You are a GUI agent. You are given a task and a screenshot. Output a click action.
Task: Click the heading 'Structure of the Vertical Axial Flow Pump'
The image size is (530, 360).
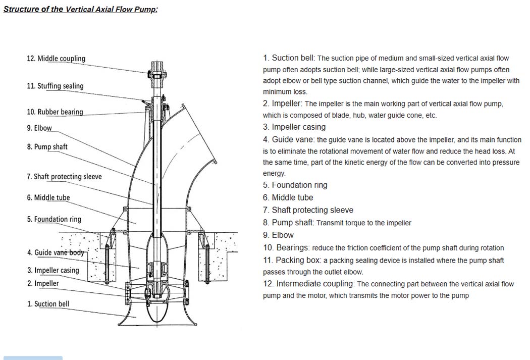[x=80, y=9]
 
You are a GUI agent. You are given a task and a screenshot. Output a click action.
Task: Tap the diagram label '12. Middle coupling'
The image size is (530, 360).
[x=56, y=59]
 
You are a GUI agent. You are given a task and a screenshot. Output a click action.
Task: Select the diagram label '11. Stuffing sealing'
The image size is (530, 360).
[x=55, y=86]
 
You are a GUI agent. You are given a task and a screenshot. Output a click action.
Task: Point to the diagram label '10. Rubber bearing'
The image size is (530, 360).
[x=55, y=112]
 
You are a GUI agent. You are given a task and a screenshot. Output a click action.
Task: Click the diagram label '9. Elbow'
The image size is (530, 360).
[x=39, y=128]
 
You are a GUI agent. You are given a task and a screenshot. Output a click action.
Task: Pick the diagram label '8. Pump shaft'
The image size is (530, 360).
[x=47, y=147]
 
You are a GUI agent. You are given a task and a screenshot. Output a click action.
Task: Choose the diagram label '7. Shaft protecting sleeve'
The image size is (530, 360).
[x=64, y=177]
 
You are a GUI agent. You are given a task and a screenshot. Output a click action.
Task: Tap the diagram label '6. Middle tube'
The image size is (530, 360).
[x=48, y=197]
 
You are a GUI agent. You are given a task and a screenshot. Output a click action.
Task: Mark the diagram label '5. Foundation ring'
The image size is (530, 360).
[x=54, y=219]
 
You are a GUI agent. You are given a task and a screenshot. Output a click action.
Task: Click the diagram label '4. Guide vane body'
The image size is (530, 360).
[x=56, y=252]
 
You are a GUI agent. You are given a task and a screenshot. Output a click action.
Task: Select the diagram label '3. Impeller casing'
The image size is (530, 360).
[x=53, y=270]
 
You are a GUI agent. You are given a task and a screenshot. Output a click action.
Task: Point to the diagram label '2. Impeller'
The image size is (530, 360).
[x=43, y=283]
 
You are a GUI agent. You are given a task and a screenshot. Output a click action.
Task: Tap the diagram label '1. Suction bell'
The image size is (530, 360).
[x=48, y=304]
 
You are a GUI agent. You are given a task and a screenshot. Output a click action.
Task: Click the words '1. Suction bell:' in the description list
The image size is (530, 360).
[x=289, y=58]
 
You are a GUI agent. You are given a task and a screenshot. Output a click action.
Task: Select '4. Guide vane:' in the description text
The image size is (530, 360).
[x=288, y=139]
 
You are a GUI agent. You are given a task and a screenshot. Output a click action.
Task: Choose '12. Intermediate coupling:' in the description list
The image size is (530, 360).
[x=309, y=284]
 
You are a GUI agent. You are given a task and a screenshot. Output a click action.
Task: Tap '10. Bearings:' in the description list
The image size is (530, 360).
[x=286, y=248]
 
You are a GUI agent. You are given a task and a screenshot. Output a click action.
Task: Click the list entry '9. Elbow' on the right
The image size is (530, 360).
[x=278, y=235]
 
